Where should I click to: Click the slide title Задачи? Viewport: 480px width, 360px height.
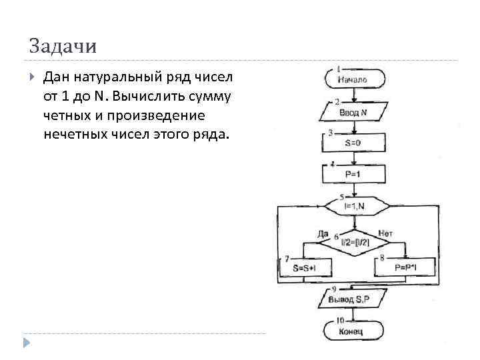pos(63,47)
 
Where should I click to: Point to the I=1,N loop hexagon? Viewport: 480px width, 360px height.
pos(354,207)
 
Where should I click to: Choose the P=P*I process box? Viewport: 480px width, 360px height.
pos(405,267)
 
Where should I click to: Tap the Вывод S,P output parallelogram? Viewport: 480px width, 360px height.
pos(353,300)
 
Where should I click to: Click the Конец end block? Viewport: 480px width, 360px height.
pos(353,331)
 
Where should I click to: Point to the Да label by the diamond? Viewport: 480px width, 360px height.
pos(323,233)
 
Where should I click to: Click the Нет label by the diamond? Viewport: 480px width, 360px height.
pos(385,233)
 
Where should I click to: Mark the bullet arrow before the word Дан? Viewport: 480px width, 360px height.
pos(33,79)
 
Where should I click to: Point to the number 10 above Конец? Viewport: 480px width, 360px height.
pos(340,321)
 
